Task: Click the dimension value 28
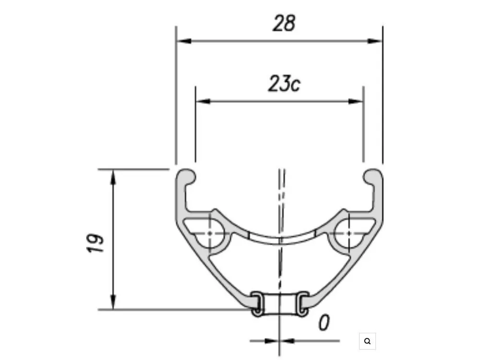(284, 23)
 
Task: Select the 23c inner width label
(284, 84)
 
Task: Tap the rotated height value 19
(95, 243)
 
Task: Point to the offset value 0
(324, 323)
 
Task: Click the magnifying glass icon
(367, 341)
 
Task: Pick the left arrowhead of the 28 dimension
(184, 41)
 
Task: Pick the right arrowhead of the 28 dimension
(375, 41)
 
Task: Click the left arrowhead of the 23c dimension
(203, 101)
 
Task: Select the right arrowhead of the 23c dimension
(356, 101)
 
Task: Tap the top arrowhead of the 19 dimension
(113, 177)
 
